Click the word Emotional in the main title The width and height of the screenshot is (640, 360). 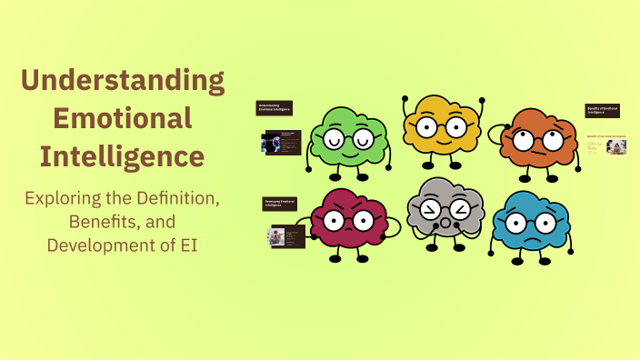123,118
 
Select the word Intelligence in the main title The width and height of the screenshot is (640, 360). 123,156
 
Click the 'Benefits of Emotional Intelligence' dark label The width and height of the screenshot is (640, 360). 602,112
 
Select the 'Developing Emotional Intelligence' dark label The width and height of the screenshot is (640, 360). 276,205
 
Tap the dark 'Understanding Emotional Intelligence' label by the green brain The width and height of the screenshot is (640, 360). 274,108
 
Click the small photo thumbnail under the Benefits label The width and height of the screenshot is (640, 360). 617,147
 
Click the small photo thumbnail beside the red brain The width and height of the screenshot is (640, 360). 274,236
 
